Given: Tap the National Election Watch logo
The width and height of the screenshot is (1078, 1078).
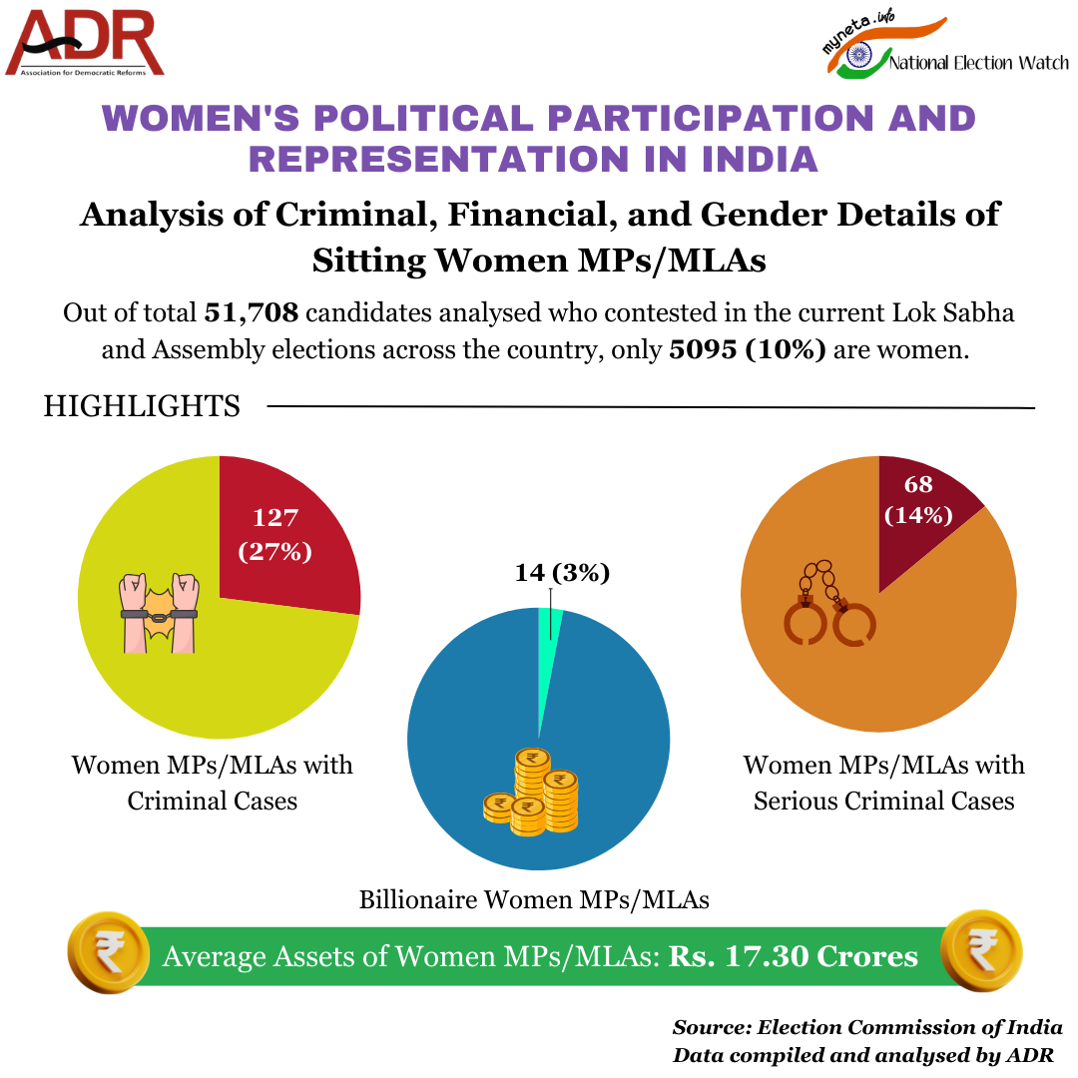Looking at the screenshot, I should (x=944, y=50).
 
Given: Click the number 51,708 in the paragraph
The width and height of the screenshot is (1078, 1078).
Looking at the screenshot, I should (x=251, y=312).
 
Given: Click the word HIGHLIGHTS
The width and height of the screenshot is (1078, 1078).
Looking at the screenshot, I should (x=142, y=406).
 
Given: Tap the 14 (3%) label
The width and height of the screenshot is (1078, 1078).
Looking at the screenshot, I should (x=562, y=573).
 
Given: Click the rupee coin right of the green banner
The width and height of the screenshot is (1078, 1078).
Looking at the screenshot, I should (x=981, y=949).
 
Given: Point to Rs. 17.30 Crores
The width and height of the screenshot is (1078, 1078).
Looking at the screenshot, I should (x=794, y=956).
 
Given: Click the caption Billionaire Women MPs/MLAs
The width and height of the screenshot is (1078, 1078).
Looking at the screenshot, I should (x=534, y=899).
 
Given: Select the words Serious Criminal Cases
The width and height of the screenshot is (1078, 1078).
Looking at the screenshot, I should (x=884, y=801).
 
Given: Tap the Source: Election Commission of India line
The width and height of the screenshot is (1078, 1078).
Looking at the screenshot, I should (x=867, y=1027).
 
